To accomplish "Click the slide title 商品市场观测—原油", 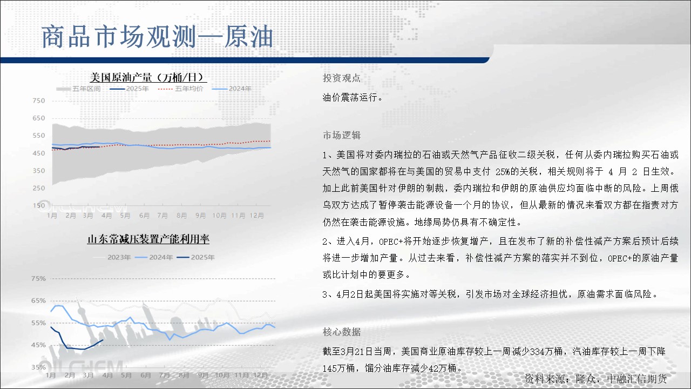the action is coord(157,37).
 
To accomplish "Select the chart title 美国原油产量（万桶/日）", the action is coord(148,77).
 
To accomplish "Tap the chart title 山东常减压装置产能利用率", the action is coord(148,239).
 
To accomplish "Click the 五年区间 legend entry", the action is coord(78,89).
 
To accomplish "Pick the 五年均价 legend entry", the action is coord(180,89).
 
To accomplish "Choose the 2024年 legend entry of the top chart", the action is coord(232,89).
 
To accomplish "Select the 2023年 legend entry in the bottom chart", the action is coord(112,257).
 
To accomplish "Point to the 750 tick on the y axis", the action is coord(38,100).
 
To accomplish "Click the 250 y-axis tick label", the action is coord(38,188).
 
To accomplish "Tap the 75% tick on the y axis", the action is coord(38,278).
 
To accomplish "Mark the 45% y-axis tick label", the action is coord(38,345).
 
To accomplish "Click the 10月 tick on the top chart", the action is coord(219,216).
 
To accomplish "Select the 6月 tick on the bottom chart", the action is coord(146,375).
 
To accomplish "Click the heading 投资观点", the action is coord(342,78).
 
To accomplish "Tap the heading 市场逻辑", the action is coord(342,135).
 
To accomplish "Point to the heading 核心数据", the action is coord(342,332).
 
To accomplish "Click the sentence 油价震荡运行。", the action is coord(353,98).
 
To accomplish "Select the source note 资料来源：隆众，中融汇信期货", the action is coord(596,379).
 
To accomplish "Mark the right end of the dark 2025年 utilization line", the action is coord(103,340).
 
